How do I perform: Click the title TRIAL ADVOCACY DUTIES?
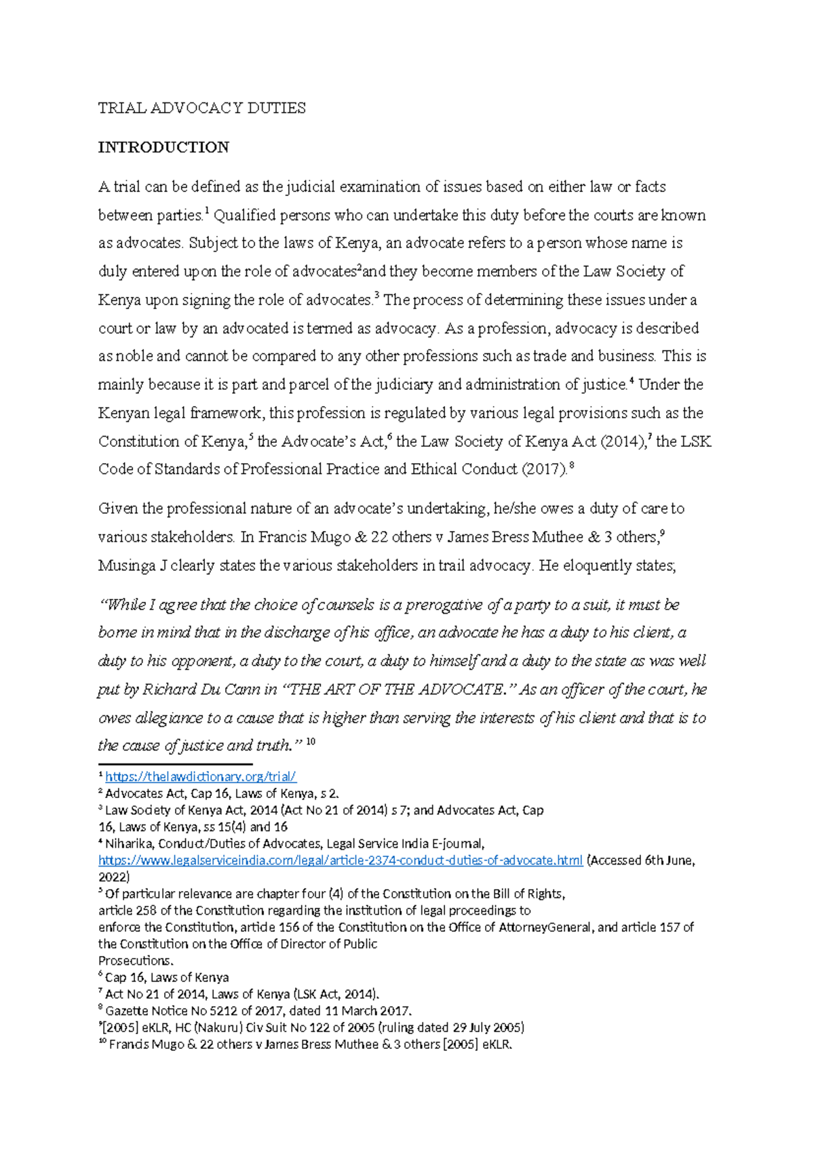[201, 108]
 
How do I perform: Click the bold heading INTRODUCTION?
[163, 148]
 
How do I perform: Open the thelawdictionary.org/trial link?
[201, 777]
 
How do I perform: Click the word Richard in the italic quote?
[169, 690]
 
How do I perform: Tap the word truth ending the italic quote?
[275, 747]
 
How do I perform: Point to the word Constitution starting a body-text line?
[139, 442]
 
